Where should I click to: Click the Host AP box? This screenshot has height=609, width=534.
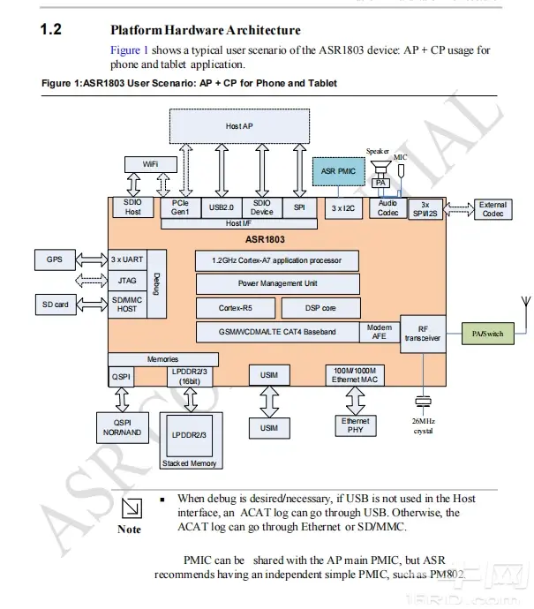click(x=240, y=126)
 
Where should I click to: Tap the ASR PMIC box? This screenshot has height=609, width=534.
click(x=337, y=171)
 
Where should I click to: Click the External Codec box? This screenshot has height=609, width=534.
click(x=493, y=209)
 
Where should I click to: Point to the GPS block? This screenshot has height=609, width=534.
click(x=55, y=260)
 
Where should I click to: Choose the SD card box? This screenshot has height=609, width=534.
click(x=55, y=304)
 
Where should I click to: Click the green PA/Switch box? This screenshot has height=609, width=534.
click(x=488, y=334)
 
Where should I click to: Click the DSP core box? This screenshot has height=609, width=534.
click(x=320, y=308)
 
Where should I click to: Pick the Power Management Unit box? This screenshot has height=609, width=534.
click(x=278, y=283)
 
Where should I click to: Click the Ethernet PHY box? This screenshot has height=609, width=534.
click(x=356, y=425)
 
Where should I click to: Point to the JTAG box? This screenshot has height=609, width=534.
click(x=124, y=282)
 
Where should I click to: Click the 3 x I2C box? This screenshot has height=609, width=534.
click(x=342, y=207)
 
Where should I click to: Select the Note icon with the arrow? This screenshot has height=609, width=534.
click(x=130, y=507)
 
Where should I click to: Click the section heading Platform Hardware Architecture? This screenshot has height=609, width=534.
click(x=206, y=31)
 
